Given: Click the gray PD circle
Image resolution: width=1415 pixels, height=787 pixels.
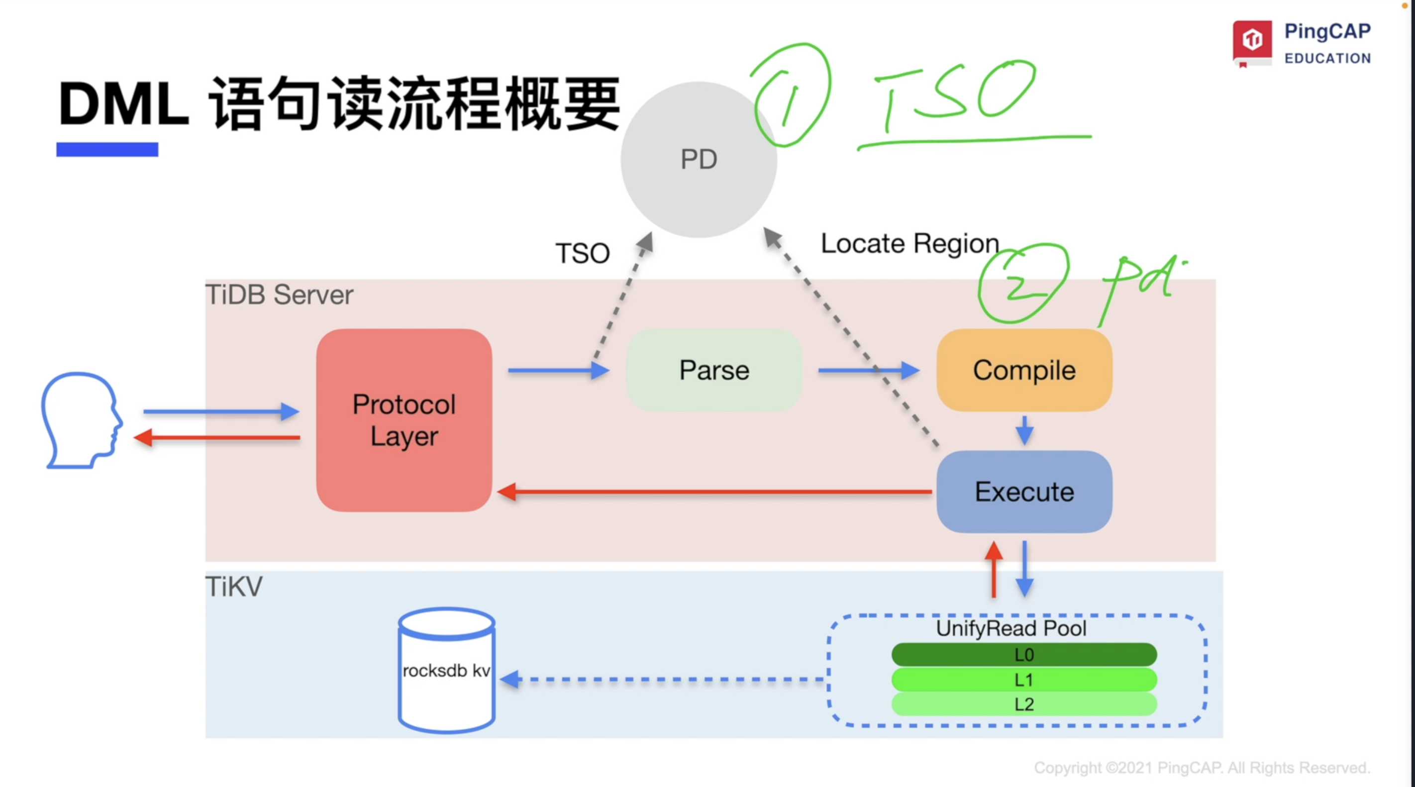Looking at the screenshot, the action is click(x=699, y=159).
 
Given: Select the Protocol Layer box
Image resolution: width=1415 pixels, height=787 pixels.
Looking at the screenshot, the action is click(x=404, y=420).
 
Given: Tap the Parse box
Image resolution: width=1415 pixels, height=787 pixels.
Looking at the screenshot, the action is click(x=714, y=370).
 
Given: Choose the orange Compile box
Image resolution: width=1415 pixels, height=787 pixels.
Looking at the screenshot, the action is click(x=1024, y=370).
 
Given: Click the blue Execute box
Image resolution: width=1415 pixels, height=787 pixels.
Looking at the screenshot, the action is click(x=1024, y=492).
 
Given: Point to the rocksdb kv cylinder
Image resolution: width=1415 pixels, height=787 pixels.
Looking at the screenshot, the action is click(x=447, y=670).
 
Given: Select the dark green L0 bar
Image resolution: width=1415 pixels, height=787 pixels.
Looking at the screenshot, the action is click(x=1024, y=655).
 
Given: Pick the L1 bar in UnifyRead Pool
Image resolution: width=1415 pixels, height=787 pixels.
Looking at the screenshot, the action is click(x=1024, y=680).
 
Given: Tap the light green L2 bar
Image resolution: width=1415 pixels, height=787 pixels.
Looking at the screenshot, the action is click(x=1024, y=704).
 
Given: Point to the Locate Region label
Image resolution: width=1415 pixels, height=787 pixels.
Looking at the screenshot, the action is click(x=910, y=244).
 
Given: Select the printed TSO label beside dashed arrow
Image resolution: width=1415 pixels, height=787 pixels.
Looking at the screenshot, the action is click(x=583, y=253).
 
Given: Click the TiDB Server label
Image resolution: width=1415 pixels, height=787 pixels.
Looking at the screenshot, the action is click(x=279, y=295).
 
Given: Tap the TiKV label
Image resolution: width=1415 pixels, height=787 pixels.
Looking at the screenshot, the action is click(x=234, y=587).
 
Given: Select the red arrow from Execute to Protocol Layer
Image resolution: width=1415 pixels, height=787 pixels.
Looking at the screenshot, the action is click(x=714, y=492).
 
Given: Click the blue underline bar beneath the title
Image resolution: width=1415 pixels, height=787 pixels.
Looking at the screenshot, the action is click(x=107, y=149).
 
